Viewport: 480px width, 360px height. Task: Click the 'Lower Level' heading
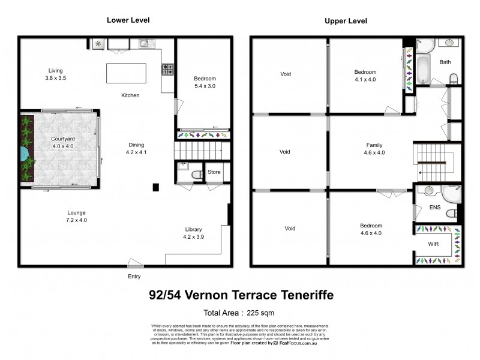point(128,20)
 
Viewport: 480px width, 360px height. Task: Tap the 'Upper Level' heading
point(346,21)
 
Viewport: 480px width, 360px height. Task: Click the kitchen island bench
point(126,73)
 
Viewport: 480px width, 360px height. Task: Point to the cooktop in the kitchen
point(167,70)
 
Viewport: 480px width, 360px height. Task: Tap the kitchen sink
point(145,43)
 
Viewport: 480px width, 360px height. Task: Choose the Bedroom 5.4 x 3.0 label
point(205,82)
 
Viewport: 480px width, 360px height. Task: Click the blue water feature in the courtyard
point(23,155)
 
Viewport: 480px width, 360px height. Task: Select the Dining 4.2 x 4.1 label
point(136,148)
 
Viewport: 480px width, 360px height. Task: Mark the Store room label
point(214,172)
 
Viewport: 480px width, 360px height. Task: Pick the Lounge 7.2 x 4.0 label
point(76,216)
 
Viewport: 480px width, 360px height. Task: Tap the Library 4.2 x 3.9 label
point(193,233)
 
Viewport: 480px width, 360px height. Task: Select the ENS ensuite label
point(435,208)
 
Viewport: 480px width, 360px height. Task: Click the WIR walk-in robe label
point(433,245)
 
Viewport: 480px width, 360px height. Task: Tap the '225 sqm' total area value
point(262,312)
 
